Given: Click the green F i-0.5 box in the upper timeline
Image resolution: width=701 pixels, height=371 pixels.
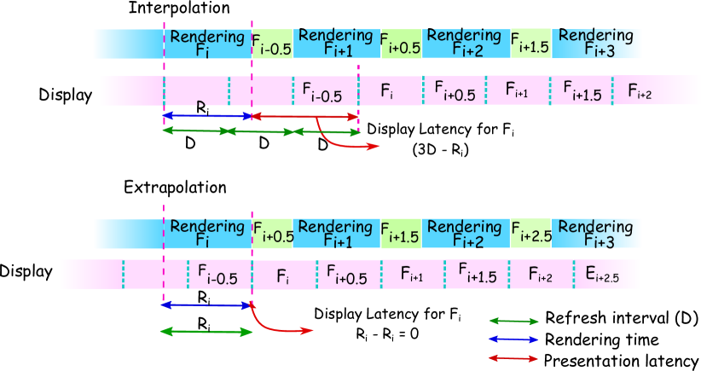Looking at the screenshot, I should pos(272,44).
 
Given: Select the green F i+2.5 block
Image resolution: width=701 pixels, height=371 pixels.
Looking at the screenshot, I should pos(530,234).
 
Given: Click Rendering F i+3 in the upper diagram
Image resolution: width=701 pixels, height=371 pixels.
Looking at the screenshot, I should pos(596,43).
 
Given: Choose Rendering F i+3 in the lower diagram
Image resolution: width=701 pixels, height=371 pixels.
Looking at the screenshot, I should pos(596,234).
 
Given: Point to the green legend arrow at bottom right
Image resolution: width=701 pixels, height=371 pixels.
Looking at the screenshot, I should pos(513,322).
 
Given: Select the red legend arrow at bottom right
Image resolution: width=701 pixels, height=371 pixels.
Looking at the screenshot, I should pos(513,359).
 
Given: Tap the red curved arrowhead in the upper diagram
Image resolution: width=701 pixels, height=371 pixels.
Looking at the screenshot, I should pos(374,147).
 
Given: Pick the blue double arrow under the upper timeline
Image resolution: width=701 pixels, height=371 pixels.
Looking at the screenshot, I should pos(207,116).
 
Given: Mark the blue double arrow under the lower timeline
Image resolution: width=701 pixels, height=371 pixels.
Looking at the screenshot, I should pos(207,304).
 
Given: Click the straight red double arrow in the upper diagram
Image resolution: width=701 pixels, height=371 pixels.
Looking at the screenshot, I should pos(304,116).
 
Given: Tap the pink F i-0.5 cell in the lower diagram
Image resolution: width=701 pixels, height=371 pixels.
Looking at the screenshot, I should pos(219,275).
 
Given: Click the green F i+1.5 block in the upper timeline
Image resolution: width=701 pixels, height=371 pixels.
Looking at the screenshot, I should pos(530,43).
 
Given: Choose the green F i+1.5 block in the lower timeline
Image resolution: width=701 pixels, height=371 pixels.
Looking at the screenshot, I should pos(401,234).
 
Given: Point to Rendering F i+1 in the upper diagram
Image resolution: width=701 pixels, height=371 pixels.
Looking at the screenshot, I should pos(336,43).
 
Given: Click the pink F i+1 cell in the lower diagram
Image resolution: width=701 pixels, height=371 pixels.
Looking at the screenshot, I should pos(412,275).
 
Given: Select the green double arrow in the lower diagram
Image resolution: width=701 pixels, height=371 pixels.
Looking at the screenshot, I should pos(206,332).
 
